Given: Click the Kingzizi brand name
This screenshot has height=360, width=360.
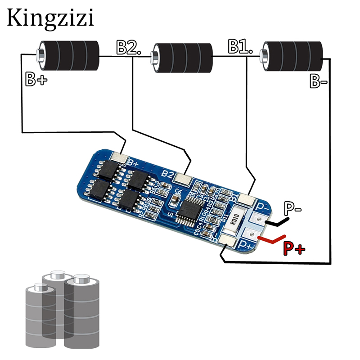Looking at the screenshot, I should pyautogui.click(x=50, y=18).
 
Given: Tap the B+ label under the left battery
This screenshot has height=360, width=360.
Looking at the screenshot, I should pyautogui.click(x=36, y=80).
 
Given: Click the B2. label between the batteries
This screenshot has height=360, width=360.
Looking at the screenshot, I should pyautogui.click(x=129, y=47).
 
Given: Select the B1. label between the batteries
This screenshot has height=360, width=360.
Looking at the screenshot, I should pyautogui.click(x=240, y=46).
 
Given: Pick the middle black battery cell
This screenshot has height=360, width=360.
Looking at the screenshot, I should pyautogui.click(x=182, y=58).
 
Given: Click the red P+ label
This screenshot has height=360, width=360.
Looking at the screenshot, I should pyautogui.click(x=293, y=247).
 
